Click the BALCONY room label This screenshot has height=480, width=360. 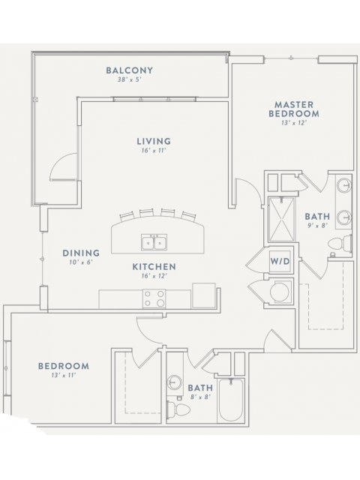click(x=129, y=70)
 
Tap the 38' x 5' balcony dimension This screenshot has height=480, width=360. click(x=129, y=80)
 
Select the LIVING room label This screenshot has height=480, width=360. click(x=154, y=141)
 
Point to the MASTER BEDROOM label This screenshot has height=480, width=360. click(x=294, y=109)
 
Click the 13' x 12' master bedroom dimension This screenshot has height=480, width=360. click(x=294, y=123)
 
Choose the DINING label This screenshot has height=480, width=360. click(x=81, y=253)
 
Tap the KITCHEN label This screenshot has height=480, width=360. click(x=154, y=267)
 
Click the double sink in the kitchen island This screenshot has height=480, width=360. click(x=154, y=242)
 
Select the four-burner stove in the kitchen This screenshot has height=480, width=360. click(x=154, y=298)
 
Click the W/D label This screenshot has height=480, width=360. click(x=280, y=262)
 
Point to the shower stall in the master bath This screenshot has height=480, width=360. click(x=281, y=219)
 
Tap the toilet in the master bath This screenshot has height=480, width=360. click(x=340, y=244)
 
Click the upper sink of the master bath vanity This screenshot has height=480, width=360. click(x=344, y=185)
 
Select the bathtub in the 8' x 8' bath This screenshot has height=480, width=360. click(x=232, y=400)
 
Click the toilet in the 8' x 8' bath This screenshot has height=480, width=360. click(x=178, y=409)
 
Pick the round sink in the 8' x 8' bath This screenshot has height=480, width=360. click(x=174, y=382)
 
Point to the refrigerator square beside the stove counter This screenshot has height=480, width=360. click(x=203, y=295)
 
